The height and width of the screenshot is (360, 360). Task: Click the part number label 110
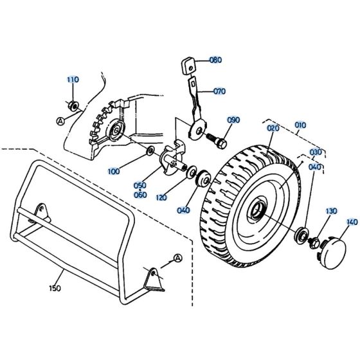point(73,80)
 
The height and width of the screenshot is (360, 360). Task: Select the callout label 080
point(215,60)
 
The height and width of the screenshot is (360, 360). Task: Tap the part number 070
point(219,92)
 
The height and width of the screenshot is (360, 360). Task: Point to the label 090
point(233,120)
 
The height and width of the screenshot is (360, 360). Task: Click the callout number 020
point(274,129)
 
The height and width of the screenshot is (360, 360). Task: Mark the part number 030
point(316,152)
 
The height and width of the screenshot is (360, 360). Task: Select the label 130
point(331,211)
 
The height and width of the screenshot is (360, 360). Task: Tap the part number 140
point(351,222)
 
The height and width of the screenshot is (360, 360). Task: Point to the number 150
point(55,288)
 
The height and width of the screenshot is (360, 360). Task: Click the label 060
point(139,195)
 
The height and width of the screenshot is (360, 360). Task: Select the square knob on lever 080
point(187,65)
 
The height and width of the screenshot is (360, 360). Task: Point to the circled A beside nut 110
point(60,120)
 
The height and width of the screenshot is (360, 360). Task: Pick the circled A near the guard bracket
point(178,258)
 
